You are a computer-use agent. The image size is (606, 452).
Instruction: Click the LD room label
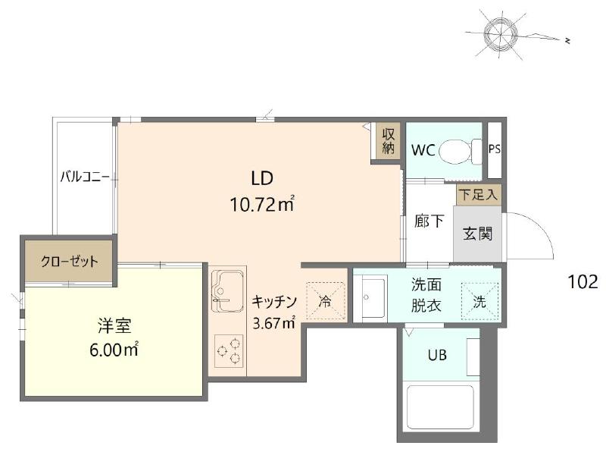tap(262, 178)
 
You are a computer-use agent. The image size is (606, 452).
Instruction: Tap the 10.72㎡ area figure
tap(262, 204)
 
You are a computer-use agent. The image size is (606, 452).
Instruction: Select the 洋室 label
tap(114, 325)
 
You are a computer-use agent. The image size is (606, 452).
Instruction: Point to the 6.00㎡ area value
tap(114, 350)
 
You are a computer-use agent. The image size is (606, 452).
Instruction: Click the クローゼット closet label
tap(70, 262)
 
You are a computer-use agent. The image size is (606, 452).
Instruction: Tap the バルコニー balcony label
tap(85, 177)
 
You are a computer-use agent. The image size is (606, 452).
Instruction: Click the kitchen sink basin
tap(228, 290)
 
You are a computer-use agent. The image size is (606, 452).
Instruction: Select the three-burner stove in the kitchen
tap(229, 351)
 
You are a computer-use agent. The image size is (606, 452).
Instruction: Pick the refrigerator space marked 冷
tap(325, 301)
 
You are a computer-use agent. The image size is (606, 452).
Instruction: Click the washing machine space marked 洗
tap(479, 302)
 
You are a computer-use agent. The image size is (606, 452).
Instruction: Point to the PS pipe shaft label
tap(495, 149)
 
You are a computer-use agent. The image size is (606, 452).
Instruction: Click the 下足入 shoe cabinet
tap(479, 195)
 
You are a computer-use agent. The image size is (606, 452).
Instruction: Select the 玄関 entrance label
tap(478, 234)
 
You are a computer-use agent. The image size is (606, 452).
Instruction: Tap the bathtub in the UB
tap(441, 406)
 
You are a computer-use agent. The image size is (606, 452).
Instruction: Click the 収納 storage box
tap(388, 141)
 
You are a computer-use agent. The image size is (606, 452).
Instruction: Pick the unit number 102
tap(583, 281)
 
